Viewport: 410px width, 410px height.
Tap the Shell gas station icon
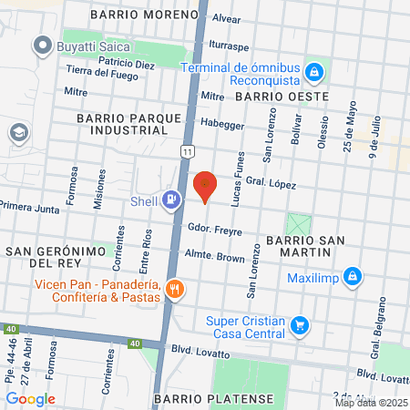(x=171, y=200)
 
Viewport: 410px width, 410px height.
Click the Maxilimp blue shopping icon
(x=354, y=277)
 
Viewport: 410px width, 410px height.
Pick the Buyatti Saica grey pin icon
(x=41, y=44)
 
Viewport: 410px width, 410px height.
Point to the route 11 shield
(x=187, y=151)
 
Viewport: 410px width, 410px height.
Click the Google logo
(x=31, y=397)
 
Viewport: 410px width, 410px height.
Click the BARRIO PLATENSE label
(x=213, y=399)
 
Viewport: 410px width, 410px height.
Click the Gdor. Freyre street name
(x=214, y=229)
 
